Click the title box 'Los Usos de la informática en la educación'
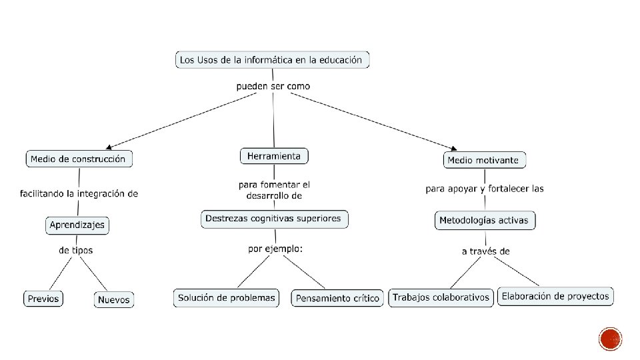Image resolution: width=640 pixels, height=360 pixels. click(x=271, y=60)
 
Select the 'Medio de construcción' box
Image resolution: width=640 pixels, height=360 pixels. click(x=78, y=159)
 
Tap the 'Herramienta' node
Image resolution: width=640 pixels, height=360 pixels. click(x=274, y=156)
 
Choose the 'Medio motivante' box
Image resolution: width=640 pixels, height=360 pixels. click(x=485, y=160)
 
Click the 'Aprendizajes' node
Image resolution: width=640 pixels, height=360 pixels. click(x=77, y=225)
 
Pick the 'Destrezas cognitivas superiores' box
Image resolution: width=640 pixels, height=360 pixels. click(x=273, y=219)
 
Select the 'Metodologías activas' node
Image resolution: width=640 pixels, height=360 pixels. click(x=485, y=221)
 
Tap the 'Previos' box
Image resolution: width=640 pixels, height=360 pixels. click(x=43, y=299)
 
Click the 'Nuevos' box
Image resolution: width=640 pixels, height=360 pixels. click(x=114, y=300)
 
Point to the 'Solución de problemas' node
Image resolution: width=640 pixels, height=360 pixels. click(x=227, y=298)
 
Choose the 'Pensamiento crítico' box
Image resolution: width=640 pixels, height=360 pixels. click(x=338, y=299)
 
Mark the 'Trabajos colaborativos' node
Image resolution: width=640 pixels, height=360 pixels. click(x=441, y=297)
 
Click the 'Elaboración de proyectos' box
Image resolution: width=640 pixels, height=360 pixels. click(x=555, y=296)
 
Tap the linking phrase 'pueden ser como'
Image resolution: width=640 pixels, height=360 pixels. click(x=273, y=86)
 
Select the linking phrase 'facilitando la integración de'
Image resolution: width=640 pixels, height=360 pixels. click(x=79, y=194)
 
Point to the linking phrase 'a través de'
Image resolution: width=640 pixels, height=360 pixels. click(x=485, y=251)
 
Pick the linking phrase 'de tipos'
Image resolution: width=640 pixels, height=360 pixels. click(x=76, y=251)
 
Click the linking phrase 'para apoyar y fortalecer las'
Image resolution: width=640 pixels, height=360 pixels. click(x=485, y=189)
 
